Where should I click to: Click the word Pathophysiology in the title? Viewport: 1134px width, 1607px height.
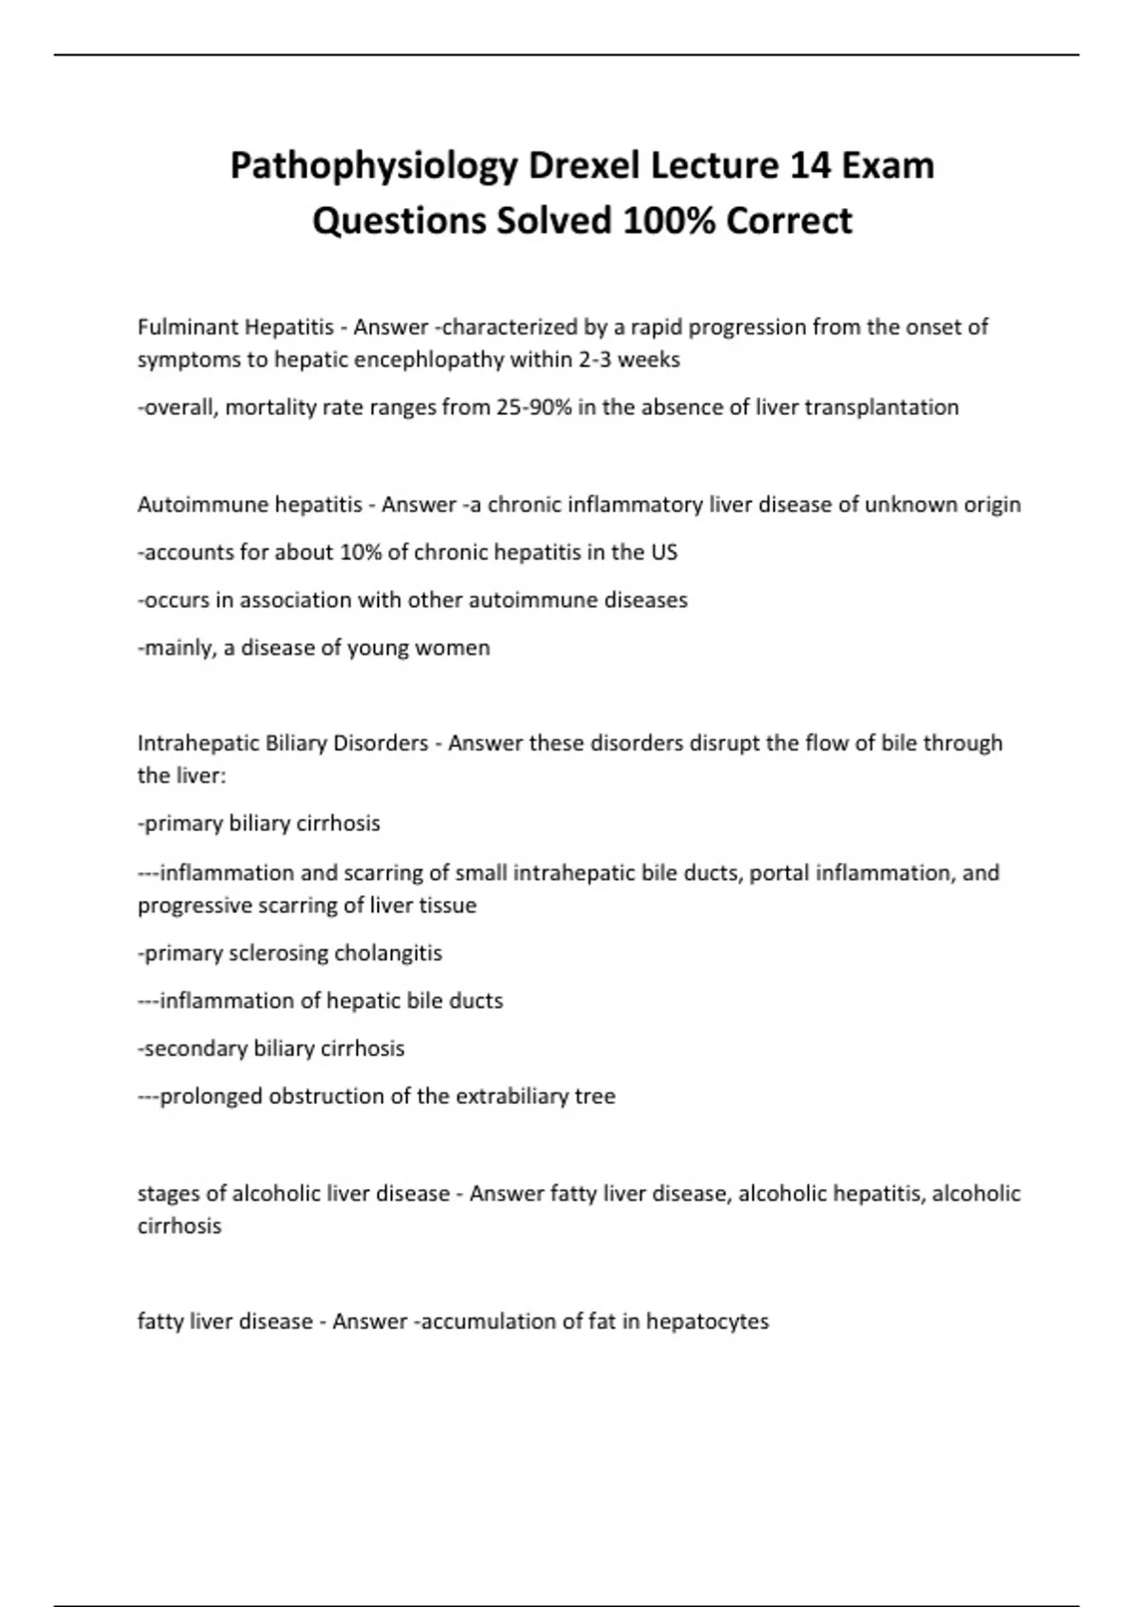373,167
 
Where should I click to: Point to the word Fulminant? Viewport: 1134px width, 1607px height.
187,327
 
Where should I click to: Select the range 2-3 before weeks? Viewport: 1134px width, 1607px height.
594,359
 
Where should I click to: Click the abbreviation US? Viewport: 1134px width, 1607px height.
664,552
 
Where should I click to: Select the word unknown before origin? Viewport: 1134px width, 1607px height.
911,505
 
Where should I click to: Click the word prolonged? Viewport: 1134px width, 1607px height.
211,1097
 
